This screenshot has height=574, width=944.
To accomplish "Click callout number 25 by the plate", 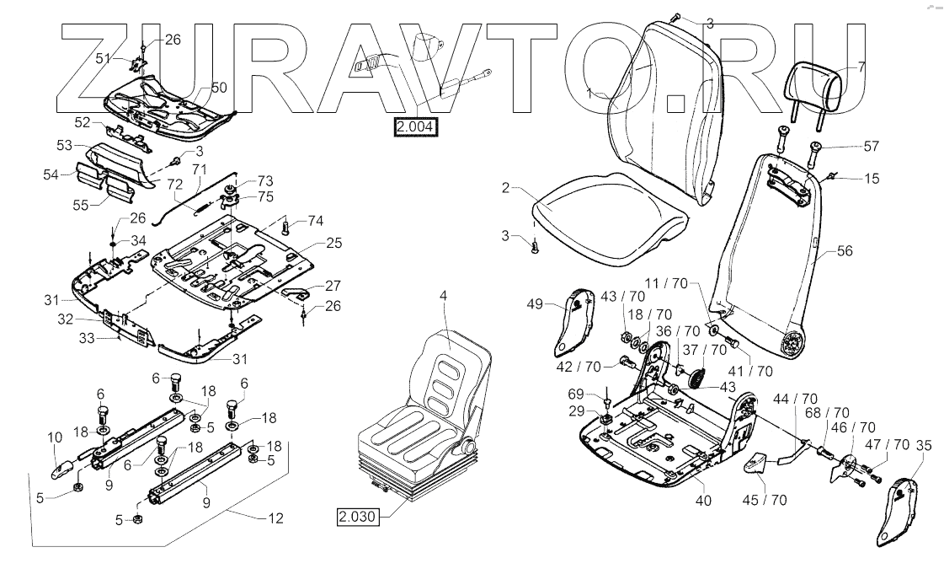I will pyautogui.click(x=334, y=243).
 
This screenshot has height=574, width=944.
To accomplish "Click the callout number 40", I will pyautogui.click(x=703, y=501).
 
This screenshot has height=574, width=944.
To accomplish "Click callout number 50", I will pyautogui.click(x=219, y=88).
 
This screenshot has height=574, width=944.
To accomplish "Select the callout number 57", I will pyautogui.click(x=872, y=147).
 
